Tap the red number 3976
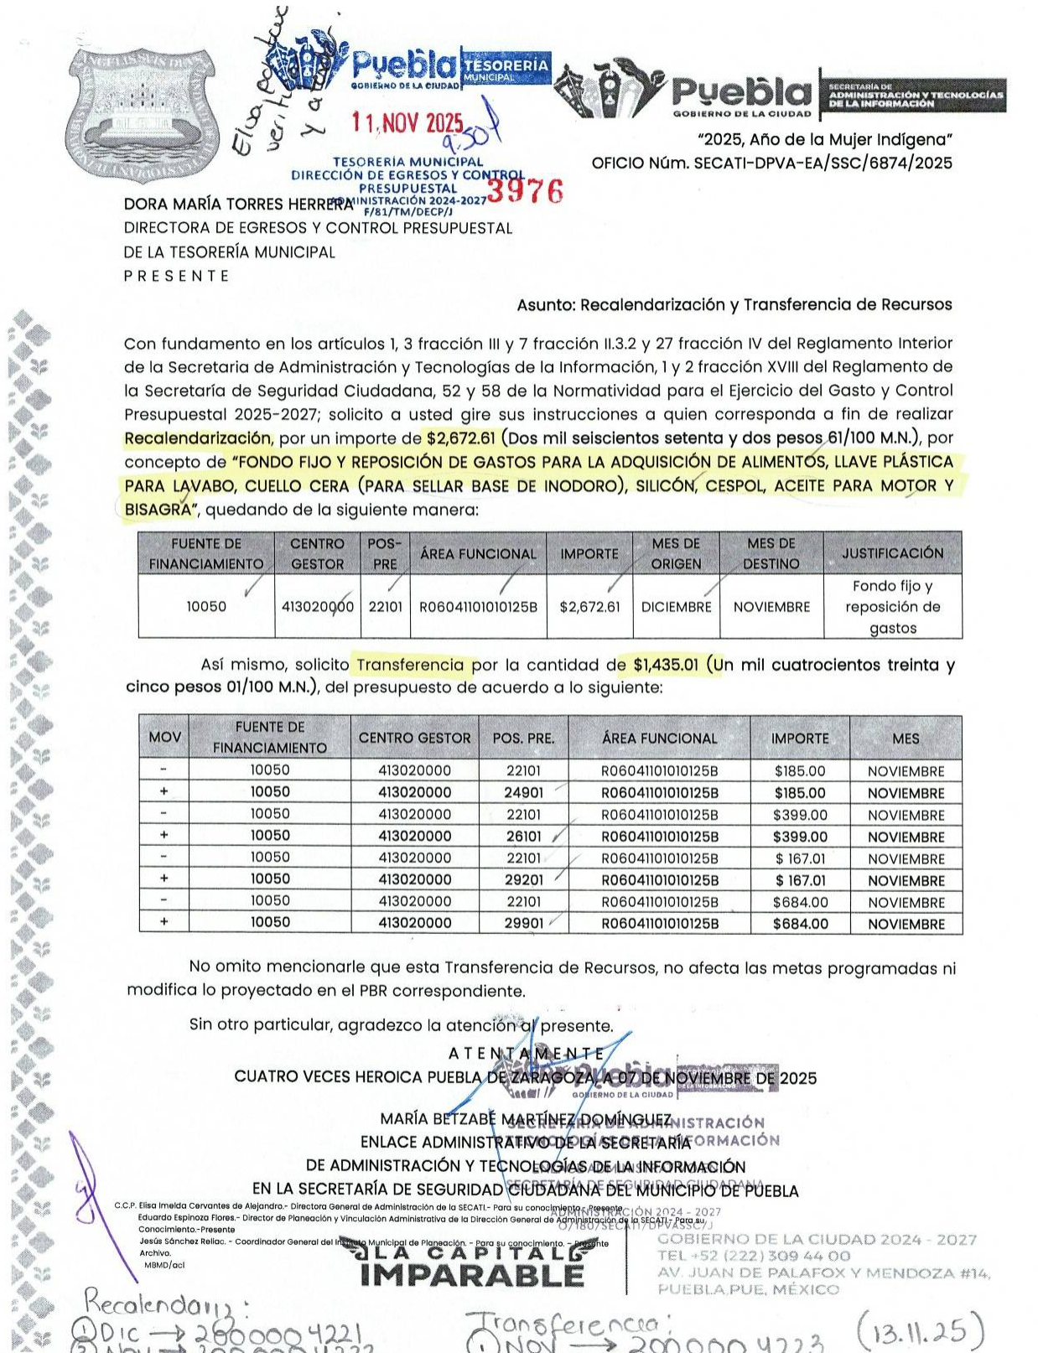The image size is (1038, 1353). [525, 192]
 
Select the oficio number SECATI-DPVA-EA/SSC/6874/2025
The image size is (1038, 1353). [771, 163]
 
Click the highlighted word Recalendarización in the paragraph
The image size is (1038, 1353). [198, 438]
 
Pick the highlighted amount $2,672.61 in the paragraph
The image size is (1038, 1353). [461, 438]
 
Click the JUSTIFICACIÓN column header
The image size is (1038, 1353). [892, 553]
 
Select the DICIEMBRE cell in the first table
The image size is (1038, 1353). [676, 607]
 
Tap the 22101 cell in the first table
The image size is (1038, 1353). [385, 607]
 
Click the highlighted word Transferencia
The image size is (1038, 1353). [410, 666]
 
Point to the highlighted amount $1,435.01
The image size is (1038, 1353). [666, 666]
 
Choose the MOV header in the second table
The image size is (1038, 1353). [164, 738]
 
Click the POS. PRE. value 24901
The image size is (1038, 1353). [523, 793]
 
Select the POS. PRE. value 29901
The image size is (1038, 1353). [523, 924]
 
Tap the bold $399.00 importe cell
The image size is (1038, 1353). [800, 837]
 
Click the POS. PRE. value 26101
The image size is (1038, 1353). [523, 837]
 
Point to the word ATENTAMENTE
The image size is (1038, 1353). [527, 1054]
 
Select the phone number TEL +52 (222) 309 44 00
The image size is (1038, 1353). [754, 1256]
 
